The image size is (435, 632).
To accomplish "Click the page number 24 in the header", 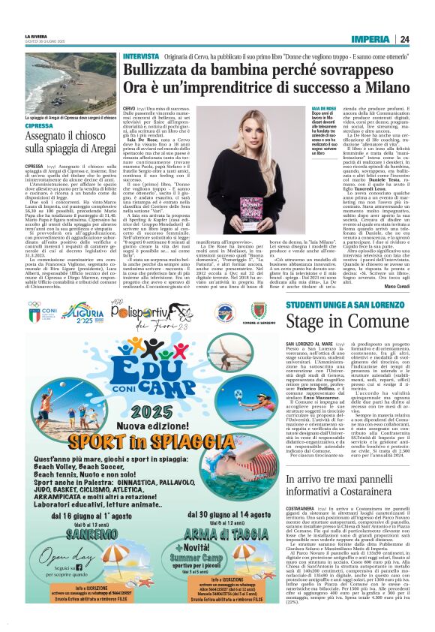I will click(404, 39).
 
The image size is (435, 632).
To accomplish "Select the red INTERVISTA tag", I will click(141, 57).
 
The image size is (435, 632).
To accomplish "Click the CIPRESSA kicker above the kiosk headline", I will click(38, 126).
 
